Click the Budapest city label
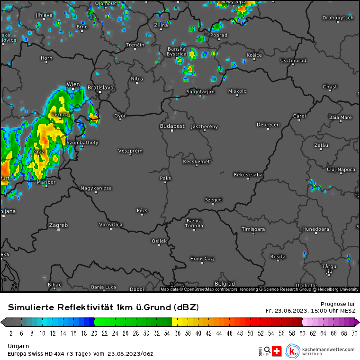coord(172,126)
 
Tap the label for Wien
coord(73,84)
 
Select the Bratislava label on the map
coord(100,88)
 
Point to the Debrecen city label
coord(268,125)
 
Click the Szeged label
coord(213,200)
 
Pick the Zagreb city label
coord(59,225)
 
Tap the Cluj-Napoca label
coord(341,169)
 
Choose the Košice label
coord(254,55)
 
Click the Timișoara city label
coord(253,229)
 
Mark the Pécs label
coord(142,210)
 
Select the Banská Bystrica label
coord(177,51)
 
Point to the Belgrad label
coord(225,284)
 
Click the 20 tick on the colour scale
coord(94,333)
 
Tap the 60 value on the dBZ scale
coord(303,333)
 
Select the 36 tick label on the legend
coord(178,333)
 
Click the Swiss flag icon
coord(277,351)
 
